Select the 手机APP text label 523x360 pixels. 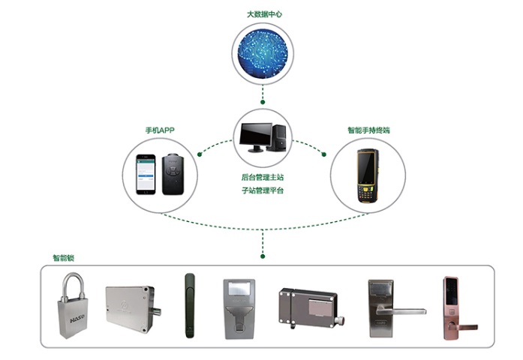(x=160, y=130)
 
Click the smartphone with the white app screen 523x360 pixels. (x=145, y=175)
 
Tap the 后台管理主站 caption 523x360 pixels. (x=262, y=177)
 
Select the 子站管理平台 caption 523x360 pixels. (x=262, y=191)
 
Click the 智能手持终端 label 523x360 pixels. (x=368, y=130)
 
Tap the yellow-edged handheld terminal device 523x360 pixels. (x=367, y=175)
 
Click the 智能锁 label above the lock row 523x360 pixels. (x=63, y=257)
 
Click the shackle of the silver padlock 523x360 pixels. (x=72, y=286)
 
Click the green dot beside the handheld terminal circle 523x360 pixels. (x=324, y=154)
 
